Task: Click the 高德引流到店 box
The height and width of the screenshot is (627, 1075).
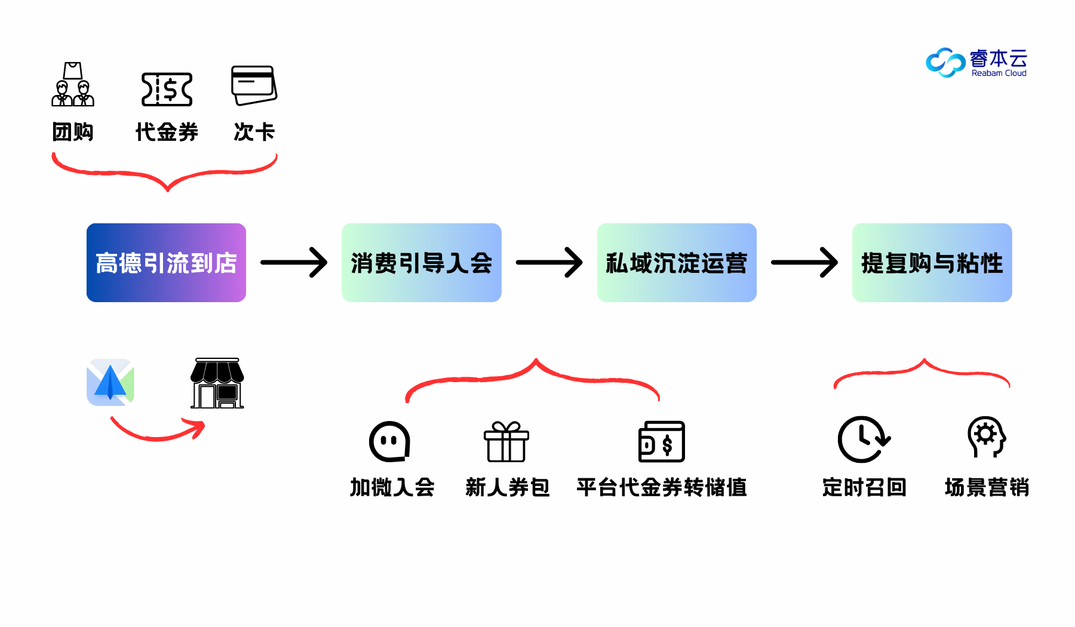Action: (166, 263)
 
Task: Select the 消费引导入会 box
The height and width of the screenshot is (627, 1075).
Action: (421, 263)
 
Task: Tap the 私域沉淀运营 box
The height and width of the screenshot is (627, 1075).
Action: (677, 263)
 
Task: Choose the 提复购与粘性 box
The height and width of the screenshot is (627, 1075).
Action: (932, 263)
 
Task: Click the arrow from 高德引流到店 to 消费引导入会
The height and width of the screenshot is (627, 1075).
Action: (294, 263)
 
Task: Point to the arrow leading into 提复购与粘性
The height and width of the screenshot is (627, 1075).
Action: (804, 263)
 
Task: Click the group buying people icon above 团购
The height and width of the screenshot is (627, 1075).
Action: (73, 85)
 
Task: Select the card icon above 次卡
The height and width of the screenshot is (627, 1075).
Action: (254, 85)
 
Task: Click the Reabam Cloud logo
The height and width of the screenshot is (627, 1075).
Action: (976, 62)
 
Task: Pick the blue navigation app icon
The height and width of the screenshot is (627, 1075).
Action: (110, 382)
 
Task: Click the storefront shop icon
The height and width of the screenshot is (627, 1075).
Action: (217, 383)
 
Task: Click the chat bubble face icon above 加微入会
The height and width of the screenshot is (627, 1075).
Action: (389, 442)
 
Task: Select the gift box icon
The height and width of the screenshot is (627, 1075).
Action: (506, 442)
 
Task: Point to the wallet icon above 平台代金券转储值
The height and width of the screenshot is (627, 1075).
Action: (662, 442)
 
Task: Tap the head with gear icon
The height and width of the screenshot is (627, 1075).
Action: (987, 437)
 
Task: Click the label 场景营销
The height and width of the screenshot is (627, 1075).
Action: (987, 487)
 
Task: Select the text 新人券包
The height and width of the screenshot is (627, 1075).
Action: (507, 487)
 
